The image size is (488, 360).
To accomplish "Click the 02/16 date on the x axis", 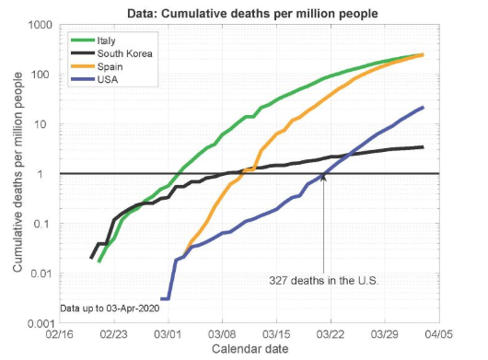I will (61, 335).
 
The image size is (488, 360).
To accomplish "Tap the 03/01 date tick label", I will (168, 335).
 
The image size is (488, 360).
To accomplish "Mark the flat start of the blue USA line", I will (166, 298).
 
